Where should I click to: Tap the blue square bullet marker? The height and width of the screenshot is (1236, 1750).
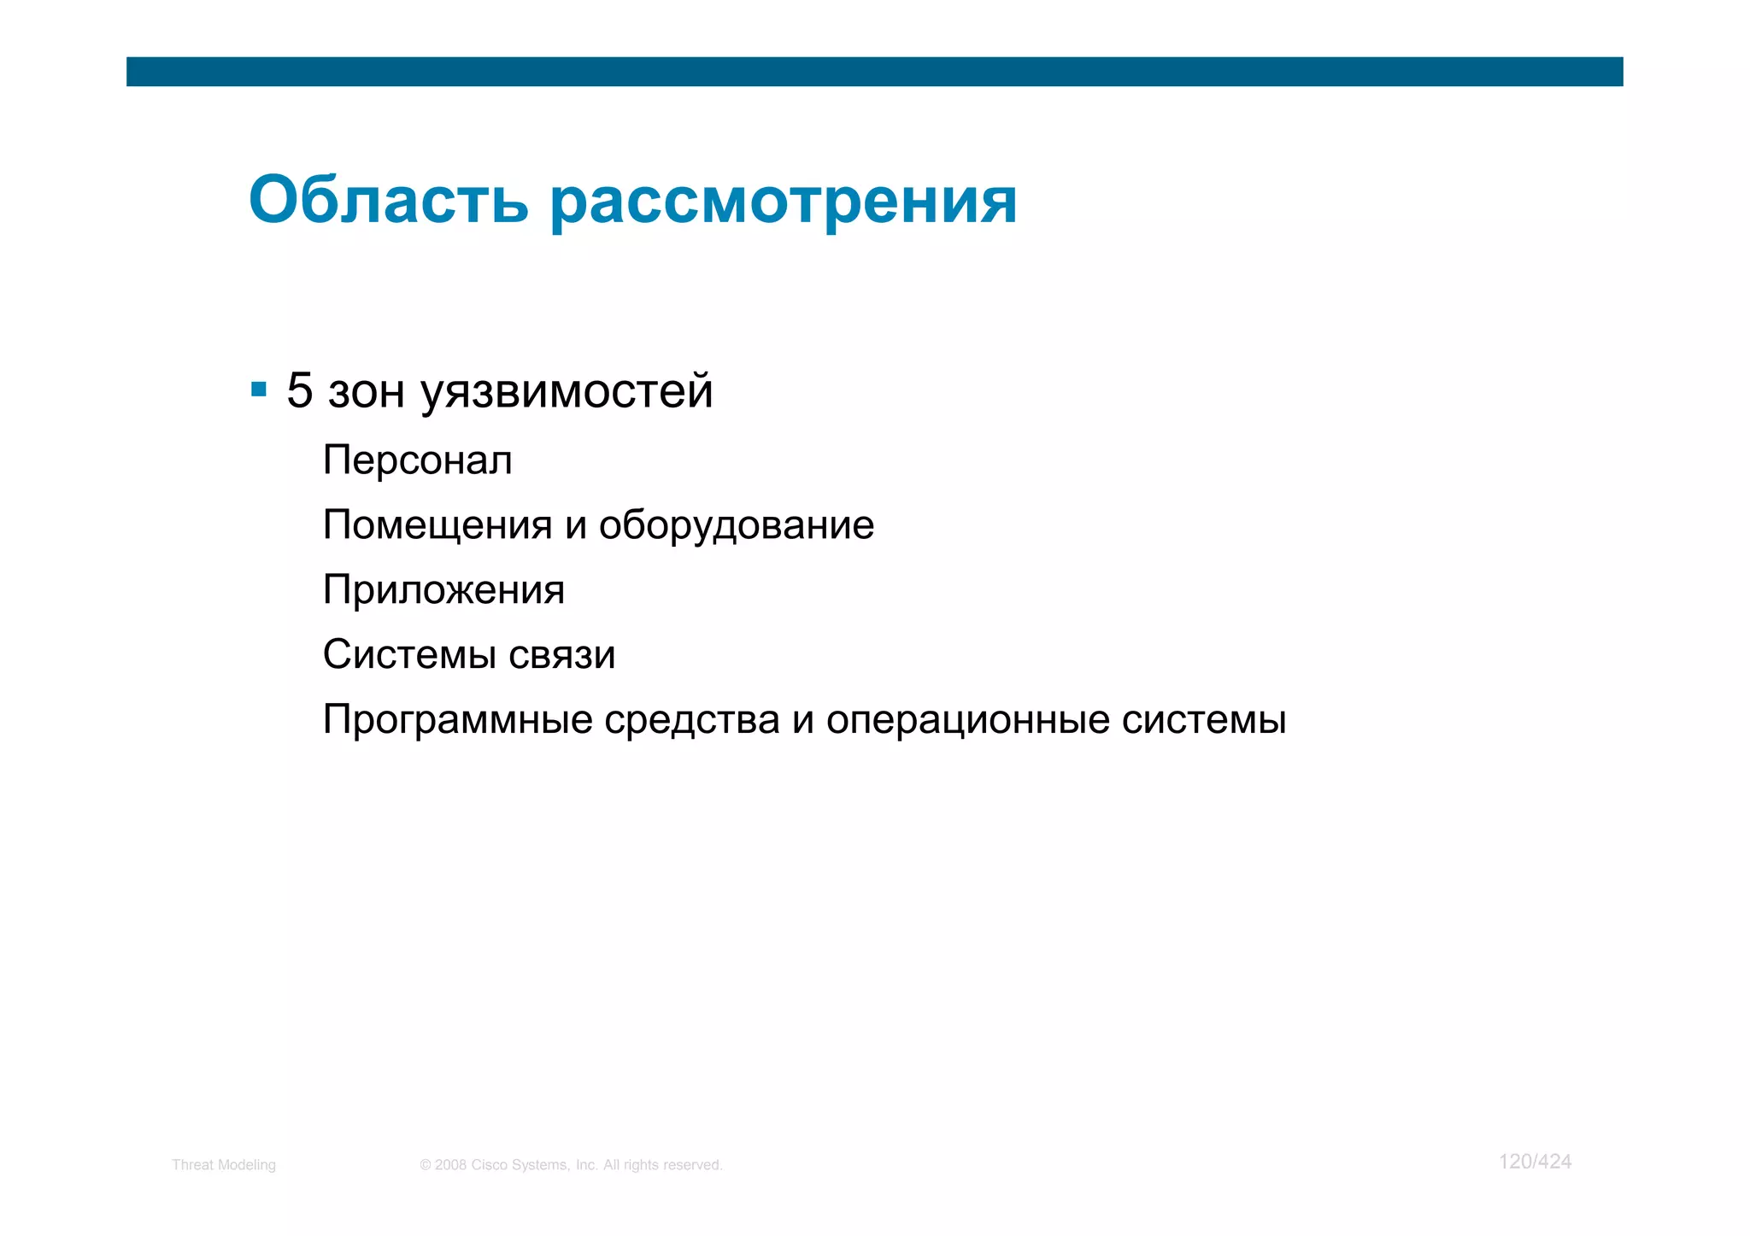(259, 390)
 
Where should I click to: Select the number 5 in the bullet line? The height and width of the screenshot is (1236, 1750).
(299, 390)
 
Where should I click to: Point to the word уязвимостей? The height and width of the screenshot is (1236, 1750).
(567, 392)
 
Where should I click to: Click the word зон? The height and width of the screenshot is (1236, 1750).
(367, 392)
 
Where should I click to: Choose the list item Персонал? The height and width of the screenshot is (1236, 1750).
(417, 460)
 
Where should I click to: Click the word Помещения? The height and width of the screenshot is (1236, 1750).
(437, 525)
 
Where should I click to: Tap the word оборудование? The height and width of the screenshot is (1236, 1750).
(736, 525)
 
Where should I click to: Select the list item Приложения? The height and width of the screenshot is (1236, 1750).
(443, 590)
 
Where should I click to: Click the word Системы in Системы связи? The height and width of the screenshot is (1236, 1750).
(409, 655)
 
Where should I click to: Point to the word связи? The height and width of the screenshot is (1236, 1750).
(561, 655)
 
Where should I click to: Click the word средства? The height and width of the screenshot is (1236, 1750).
(691, 720)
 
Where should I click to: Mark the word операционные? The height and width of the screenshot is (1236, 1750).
(967, 720)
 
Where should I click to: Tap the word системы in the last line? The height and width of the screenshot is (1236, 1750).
(1203, 720)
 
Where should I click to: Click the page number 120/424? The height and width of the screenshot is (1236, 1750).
(1535, 1162)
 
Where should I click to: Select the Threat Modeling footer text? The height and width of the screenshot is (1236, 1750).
(224, 1165)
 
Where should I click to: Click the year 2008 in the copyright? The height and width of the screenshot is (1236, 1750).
(450, 1165)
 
